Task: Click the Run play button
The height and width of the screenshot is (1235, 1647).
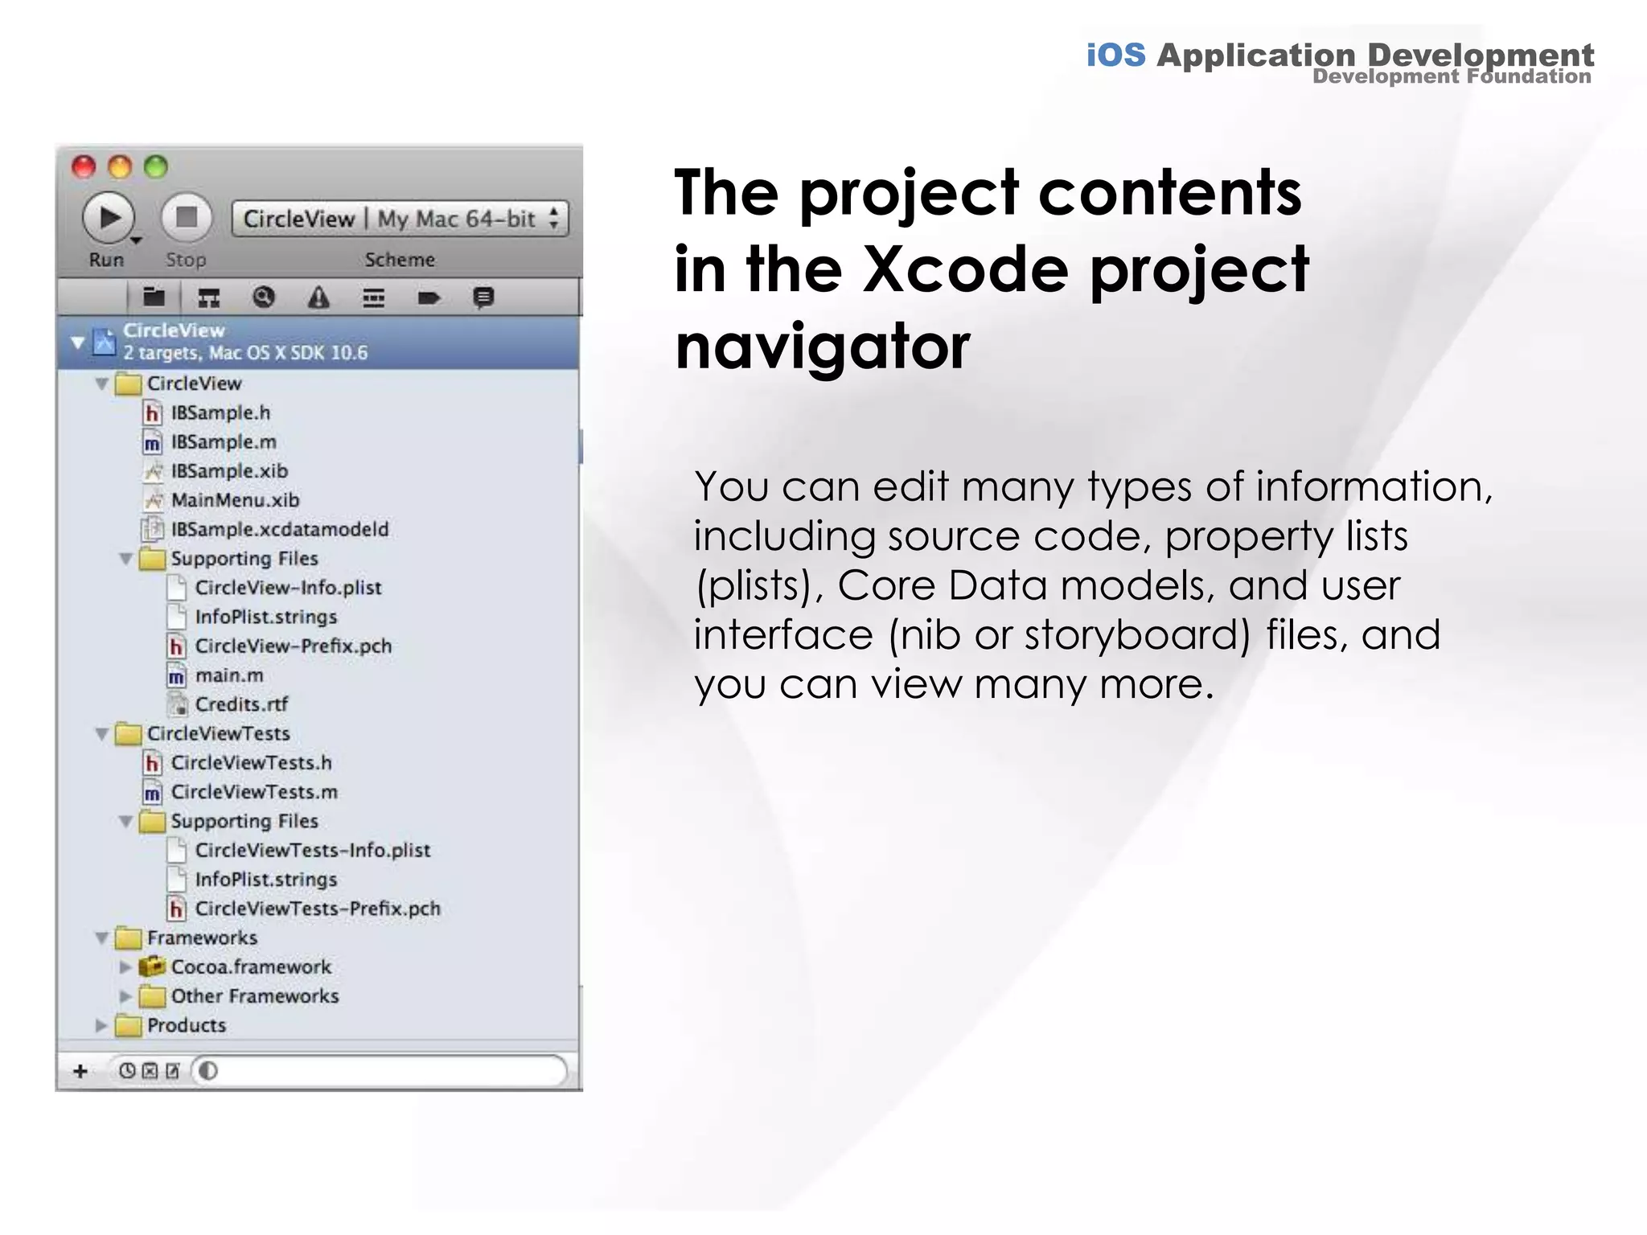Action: click(x=108, y=218)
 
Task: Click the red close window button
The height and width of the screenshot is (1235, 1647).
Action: click(x=84, y=166)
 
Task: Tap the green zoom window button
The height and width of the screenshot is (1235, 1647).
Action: click(x=155, y=166)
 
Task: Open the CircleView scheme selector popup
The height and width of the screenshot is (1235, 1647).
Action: click(x=400, y=219)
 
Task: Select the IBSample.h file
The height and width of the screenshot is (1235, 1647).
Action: click(x=220, y=413)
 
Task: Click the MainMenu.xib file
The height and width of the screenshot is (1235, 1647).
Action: click(x=234, y=500)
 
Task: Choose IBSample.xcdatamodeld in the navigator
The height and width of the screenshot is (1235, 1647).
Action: click(x=279, y=529)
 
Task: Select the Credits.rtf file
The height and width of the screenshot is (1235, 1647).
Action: click(x=240, y=704)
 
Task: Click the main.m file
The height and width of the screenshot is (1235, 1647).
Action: click(x=228, y=675)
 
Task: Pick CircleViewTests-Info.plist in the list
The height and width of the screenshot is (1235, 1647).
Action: click(x=312, y=850)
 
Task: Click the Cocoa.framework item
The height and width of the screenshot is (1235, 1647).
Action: click(x=250, y=966)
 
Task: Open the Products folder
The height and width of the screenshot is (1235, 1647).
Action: click(x=186, y=1025)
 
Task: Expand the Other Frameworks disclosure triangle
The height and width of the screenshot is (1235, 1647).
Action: click(x=125, y=996)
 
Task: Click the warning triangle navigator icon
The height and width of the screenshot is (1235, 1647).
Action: click(x=319, y=298)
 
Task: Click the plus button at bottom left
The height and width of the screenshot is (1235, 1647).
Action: click(x=80, y=1071)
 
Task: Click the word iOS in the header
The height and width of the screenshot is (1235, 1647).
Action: click(x=1115, y=55)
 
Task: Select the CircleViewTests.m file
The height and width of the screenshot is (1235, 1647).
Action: click(x=253, y=792)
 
